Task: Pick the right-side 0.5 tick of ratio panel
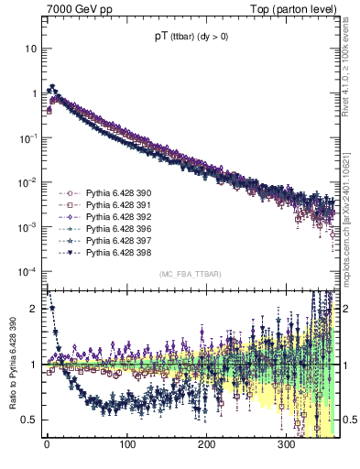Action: click(349, 420)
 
